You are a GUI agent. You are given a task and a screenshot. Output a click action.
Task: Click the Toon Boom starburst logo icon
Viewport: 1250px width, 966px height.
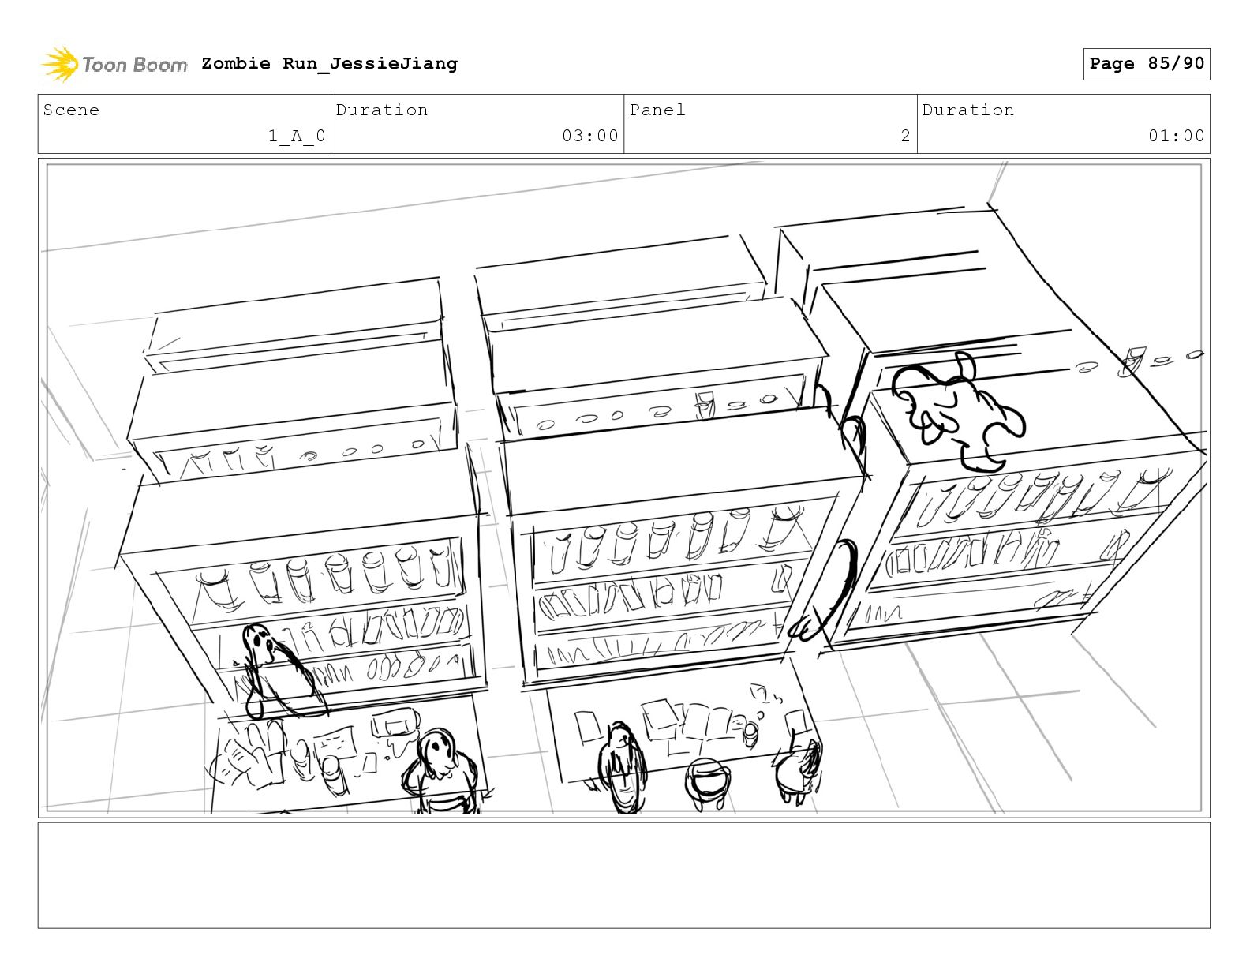[60, 64]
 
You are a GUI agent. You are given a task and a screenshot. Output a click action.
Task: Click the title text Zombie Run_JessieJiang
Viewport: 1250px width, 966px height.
[329, 64]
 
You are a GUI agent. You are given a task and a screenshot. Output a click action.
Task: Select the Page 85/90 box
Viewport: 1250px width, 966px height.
[1146, 64]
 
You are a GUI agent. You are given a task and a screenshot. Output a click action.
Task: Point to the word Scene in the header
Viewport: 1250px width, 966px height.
[72, 110]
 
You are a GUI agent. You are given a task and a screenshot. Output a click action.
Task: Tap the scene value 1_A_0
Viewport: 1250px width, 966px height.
[297, 137]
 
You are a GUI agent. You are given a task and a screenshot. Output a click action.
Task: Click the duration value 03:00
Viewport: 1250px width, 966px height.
[589, 137]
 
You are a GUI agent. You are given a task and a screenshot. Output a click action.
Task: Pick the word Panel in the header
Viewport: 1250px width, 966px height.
[657, 110]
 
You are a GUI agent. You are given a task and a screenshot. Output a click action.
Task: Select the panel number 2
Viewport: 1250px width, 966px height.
[905, 137]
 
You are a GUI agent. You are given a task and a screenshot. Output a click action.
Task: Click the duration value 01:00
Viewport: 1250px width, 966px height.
[1176, 137]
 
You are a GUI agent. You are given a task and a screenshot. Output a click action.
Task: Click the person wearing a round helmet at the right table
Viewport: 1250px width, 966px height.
[705, 781]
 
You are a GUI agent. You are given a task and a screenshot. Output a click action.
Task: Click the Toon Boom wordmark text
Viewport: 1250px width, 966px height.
[135, 65]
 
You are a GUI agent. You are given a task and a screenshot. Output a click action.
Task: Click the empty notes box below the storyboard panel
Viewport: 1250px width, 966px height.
[623, 874]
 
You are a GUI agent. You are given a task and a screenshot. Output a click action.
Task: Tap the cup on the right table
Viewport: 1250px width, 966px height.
[750, 733]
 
